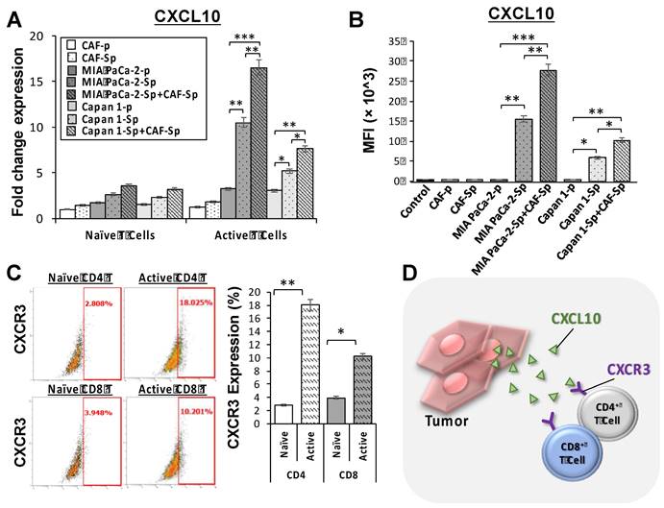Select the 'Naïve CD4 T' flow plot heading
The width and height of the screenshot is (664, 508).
coord(80,279)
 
